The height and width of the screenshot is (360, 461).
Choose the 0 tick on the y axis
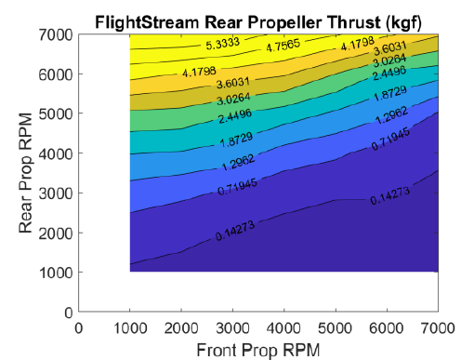pos(67,311)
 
